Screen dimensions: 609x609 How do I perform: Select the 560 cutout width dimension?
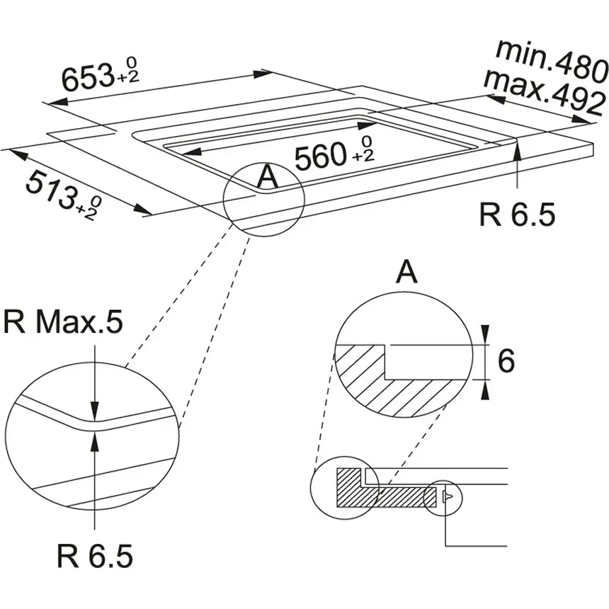[x=321, y=157]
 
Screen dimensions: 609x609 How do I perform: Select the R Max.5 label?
[x=63, y=323]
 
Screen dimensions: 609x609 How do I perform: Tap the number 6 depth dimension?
[x=506, y=361]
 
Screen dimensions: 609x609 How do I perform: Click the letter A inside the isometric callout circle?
[x=267, y=177]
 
